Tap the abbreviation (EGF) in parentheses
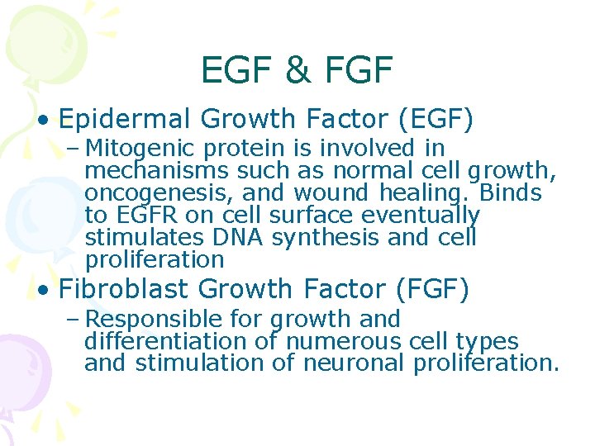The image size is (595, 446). coord(436,121)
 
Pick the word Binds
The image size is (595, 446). coord(509,194)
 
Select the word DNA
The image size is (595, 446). coord(238,238)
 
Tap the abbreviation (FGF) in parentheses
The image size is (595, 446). coord(431,290)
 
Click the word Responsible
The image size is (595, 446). coord(154,320)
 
